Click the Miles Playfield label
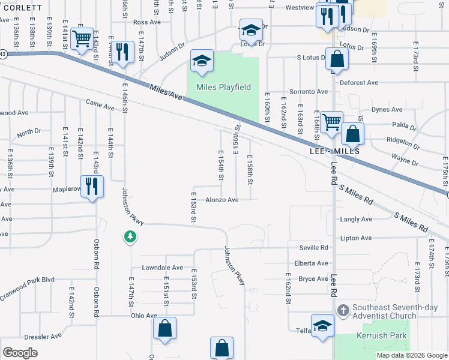tap(224, 87)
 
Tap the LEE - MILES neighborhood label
tap(334, 152)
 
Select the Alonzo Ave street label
tap(222, 200)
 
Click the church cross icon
tap(343, 310)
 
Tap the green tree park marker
tap(130, 238)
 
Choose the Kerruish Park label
tap(381, 335)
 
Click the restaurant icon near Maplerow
tap(92, 186)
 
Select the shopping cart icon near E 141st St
tap(81, 40)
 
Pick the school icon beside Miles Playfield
tap(202, 61)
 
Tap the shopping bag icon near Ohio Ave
tap(164, 329)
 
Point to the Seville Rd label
tap(316, 247)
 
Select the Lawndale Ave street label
tap(162, 267)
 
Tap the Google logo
tap(20, 353)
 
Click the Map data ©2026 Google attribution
tap(412, 355)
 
